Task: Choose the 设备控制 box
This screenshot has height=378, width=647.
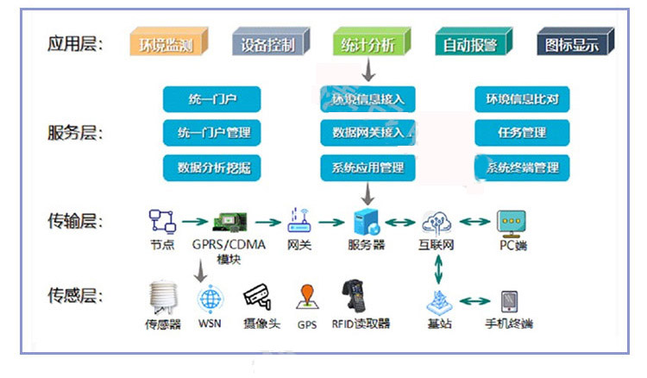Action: pos(268,43)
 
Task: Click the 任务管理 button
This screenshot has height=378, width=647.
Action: pos(522,133)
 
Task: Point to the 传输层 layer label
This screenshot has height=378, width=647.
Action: pos(76,222)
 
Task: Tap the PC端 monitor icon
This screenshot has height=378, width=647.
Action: pos(512,221)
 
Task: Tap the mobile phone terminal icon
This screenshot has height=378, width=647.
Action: pos(510,300)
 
